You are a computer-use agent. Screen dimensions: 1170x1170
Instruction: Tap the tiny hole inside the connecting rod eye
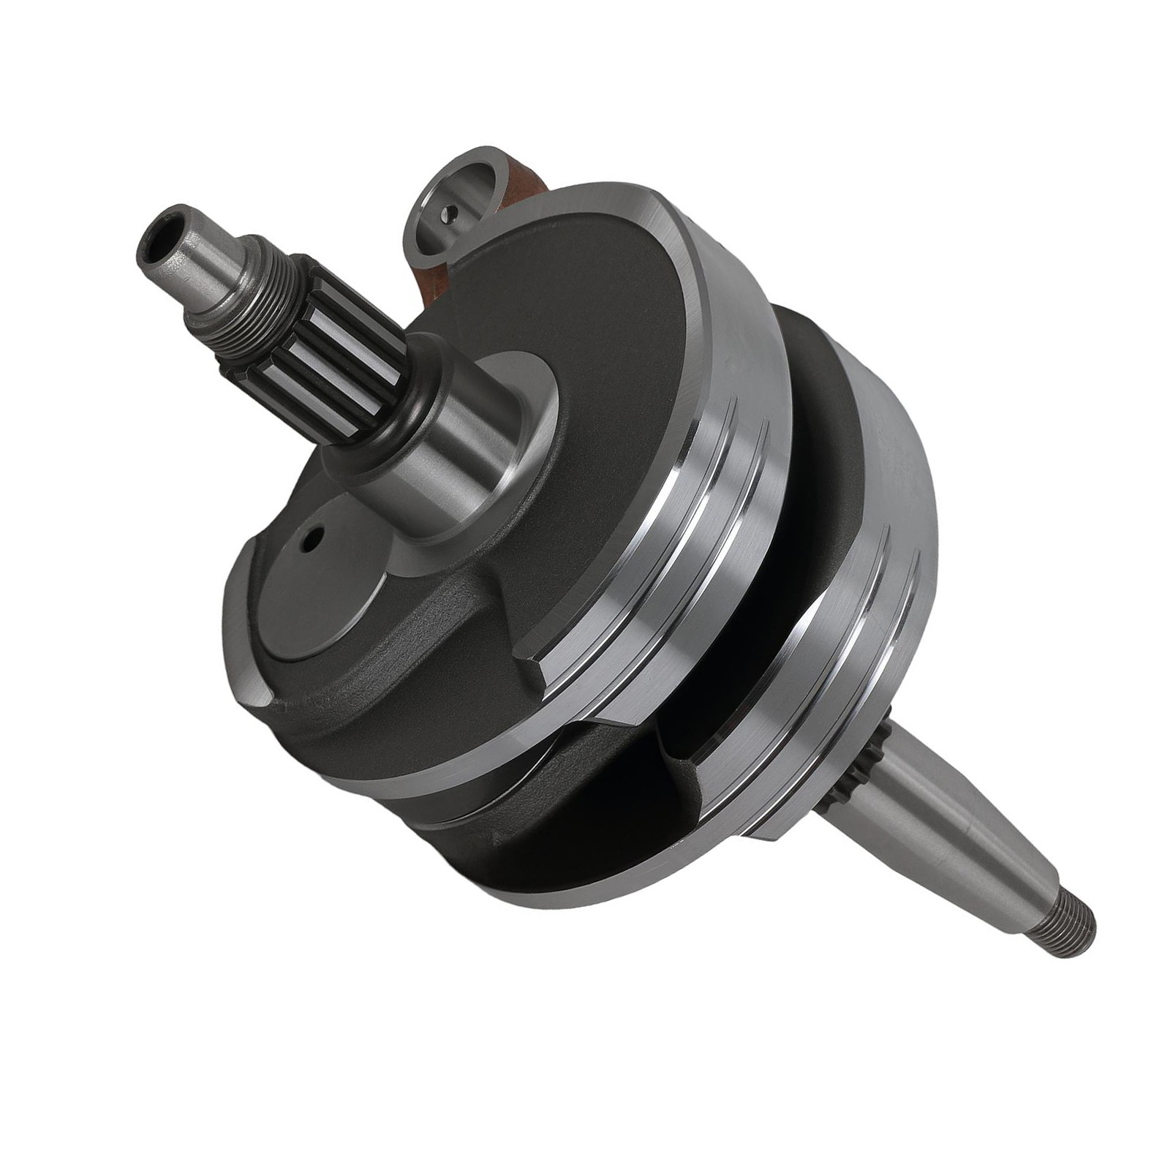[451, 213]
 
